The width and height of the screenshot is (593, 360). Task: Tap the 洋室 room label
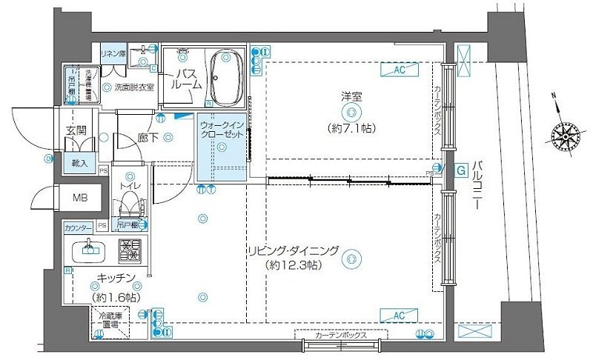(x=351, y=96)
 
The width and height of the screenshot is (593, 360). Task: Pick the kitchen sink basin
(x=90, y=250)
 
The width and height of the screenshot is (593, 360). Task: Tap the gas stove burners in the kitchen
(x=130, y=250)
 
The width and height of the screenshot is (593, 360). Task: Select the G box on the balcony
(x=460, y=170)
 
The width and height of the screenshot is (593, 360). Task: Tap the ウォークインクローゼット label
(x=221, y=131)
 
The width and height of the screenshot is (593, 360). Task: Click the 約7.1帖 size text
(x=351, y=128)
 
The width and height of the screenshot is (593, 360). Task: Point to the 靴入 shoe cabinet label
(x=79, y=163)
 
